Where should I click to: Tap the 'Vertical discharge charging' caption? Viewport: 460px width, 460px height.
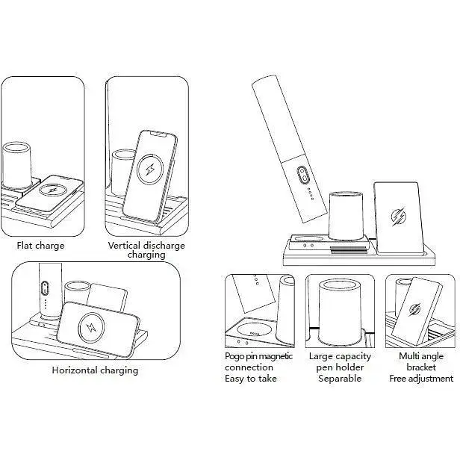pos(146,250)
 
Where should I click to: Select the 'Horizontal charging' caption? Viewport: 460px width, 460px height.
pos(95,370)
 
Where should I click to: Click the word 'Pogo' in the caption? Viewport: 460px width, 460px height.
pos(237,356)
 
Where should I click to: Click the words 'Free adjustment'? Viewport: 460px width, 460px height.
pos(421,379)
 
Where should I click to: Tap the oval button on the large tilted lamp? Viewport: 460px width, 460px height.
pos(302,176)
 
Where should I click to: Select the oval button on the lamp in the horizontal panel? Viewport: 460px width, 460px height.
pos(45,289)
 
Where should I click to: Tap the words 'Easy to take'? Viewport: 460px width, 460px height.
pos(251,379)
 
